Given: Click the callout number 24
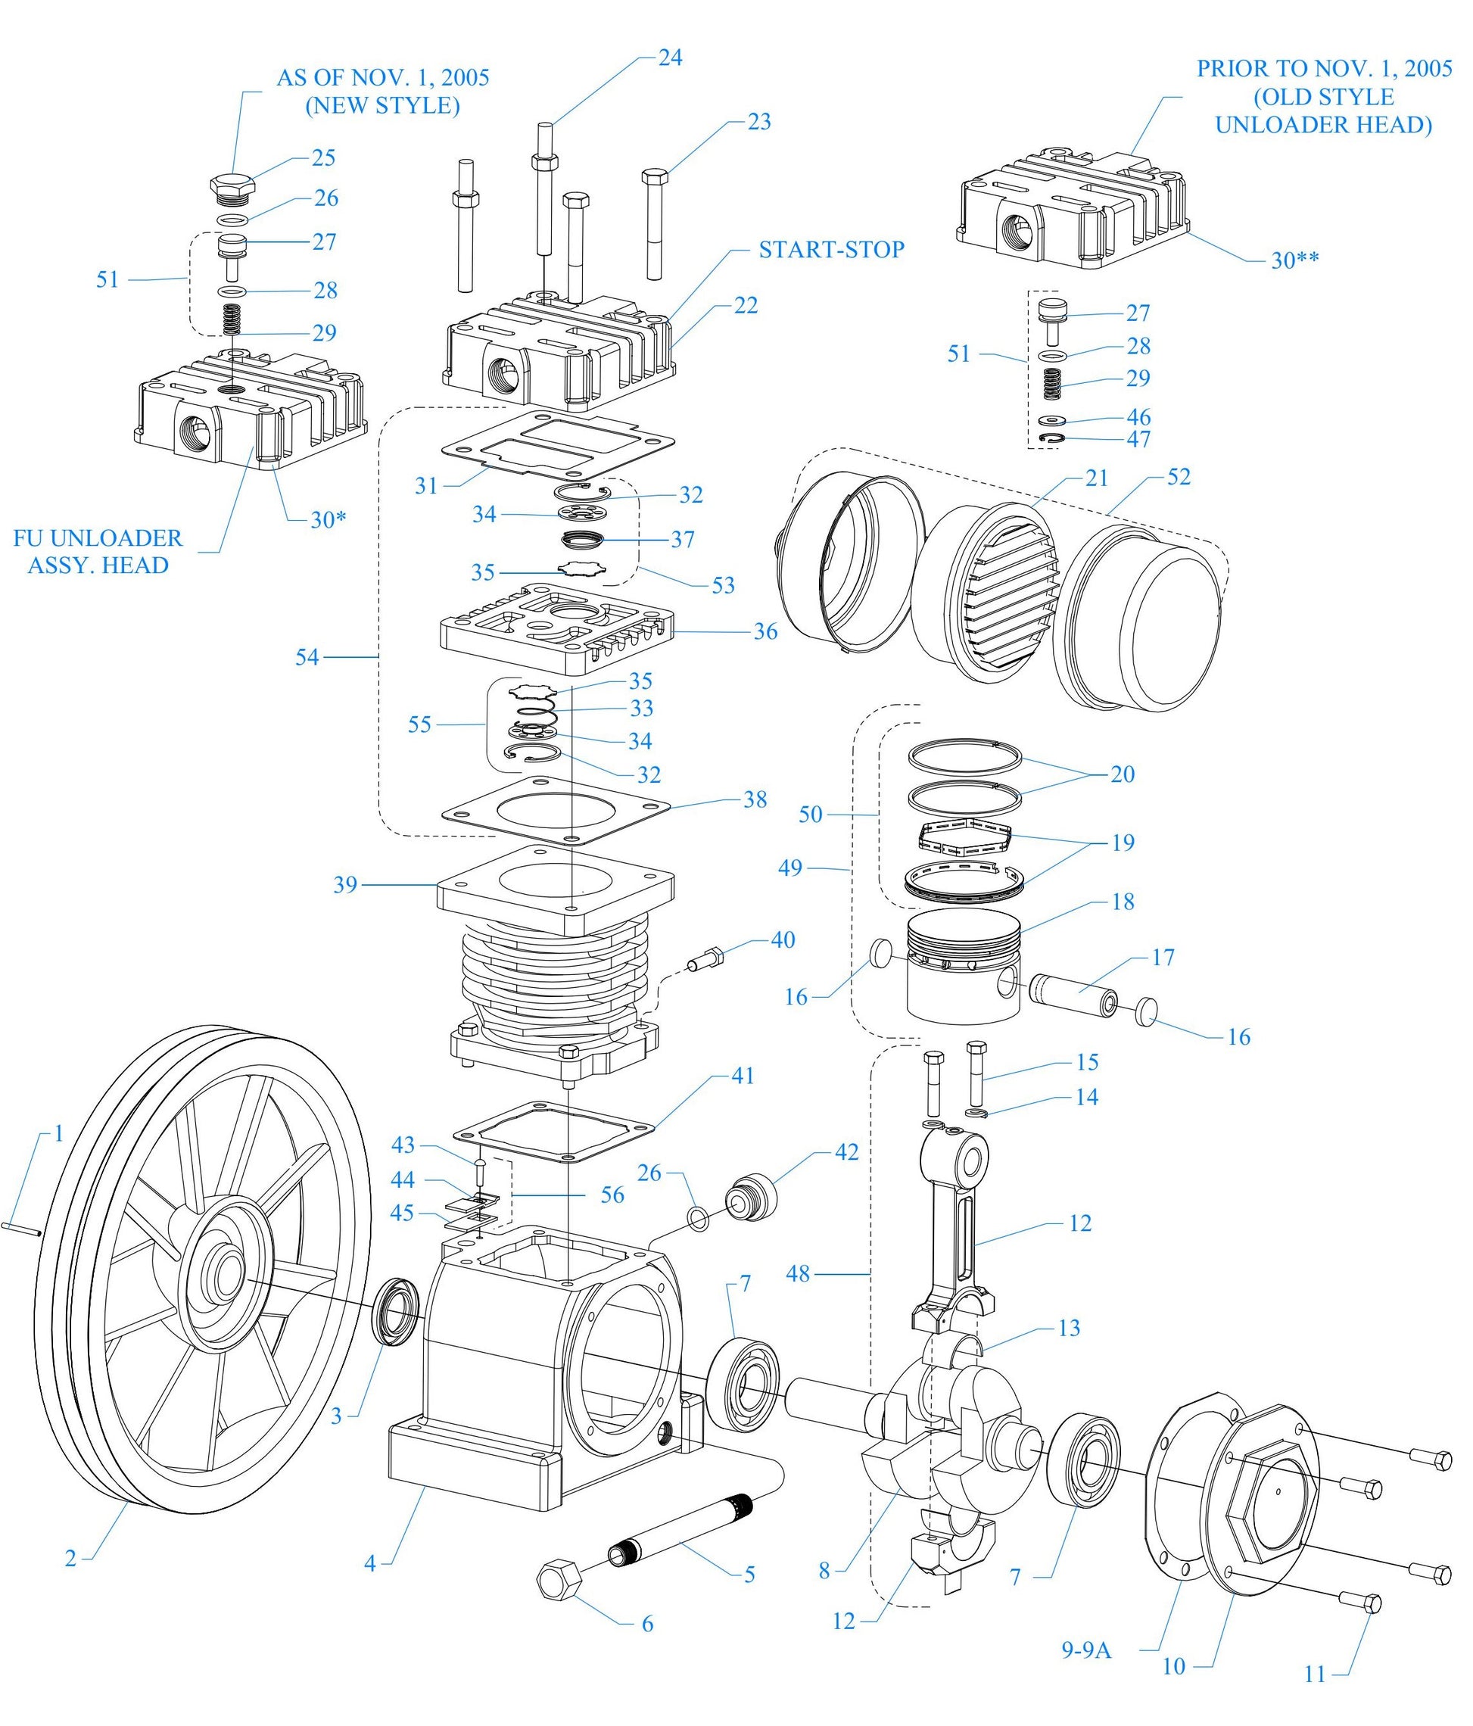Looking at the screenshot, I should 670,58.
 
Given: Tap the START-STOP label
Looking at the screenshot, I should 830,250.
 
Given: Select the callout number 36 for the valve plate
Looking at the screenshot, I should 765,631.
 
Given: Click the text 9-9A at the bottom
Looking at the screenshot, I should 1085,1650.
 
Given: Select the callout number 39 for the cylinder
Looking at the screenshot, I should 345,885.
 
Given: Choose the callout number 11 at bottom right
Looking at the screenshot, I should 1314,1673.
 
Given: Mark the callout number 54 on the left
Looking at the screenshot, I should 307,657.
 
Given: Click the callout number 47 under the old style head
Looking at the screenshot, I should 1138,439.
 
